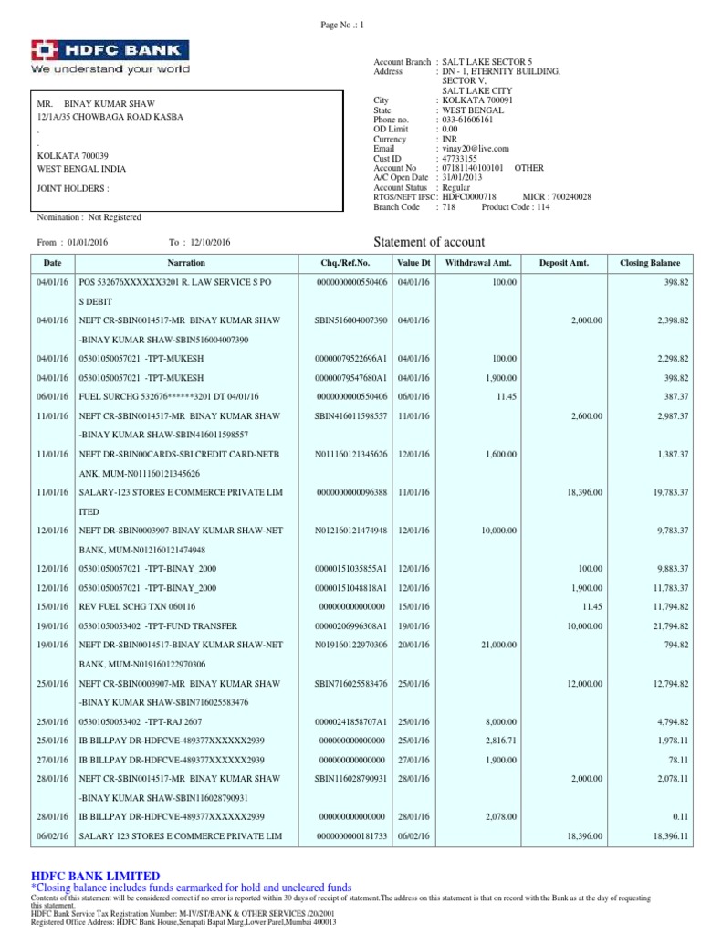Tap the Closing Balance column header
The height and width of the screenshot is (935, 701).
click(x=650, y=263)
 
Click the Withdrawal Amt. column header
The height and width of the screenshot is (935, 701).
click(x=478, y=263)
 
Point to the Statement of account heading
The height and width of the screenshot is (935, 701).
click(x=430, y=242)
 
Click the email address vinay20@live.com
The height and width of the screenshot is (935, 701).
click(x=476, y=148)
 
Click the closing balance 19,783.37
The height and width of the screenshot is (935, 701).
click(x=664, y=491)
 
